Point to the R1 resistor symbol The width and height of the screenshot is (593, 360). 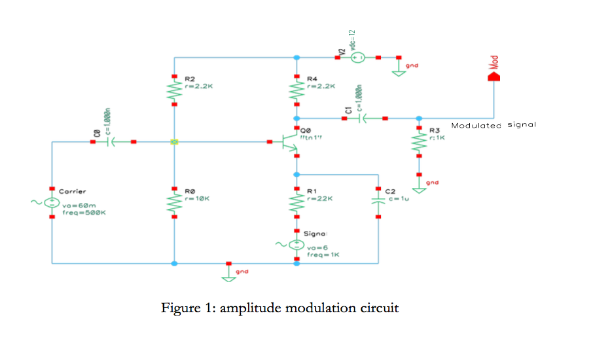click(x=296, y=204)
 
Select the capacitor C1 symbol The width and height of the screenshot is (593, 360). click(x=363, y=118)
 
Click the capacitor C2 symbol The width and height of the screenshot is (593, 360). click(x=378, y=200)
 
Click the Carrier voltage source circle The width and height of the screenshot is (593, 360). click(x=52, y=202)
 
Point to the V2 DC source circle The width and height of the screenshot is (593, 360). click(x=358, y=58)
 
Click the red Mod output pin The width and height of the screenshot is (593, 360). click(x=495, y=76)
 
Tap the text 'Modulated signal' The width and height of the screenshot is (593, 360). click(x=494, y=125)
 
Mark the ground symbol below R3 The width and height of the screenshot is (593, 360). click(x=419, y=190)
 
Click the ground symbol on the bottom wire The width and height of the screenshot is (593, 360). click(x=228, y=275)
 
